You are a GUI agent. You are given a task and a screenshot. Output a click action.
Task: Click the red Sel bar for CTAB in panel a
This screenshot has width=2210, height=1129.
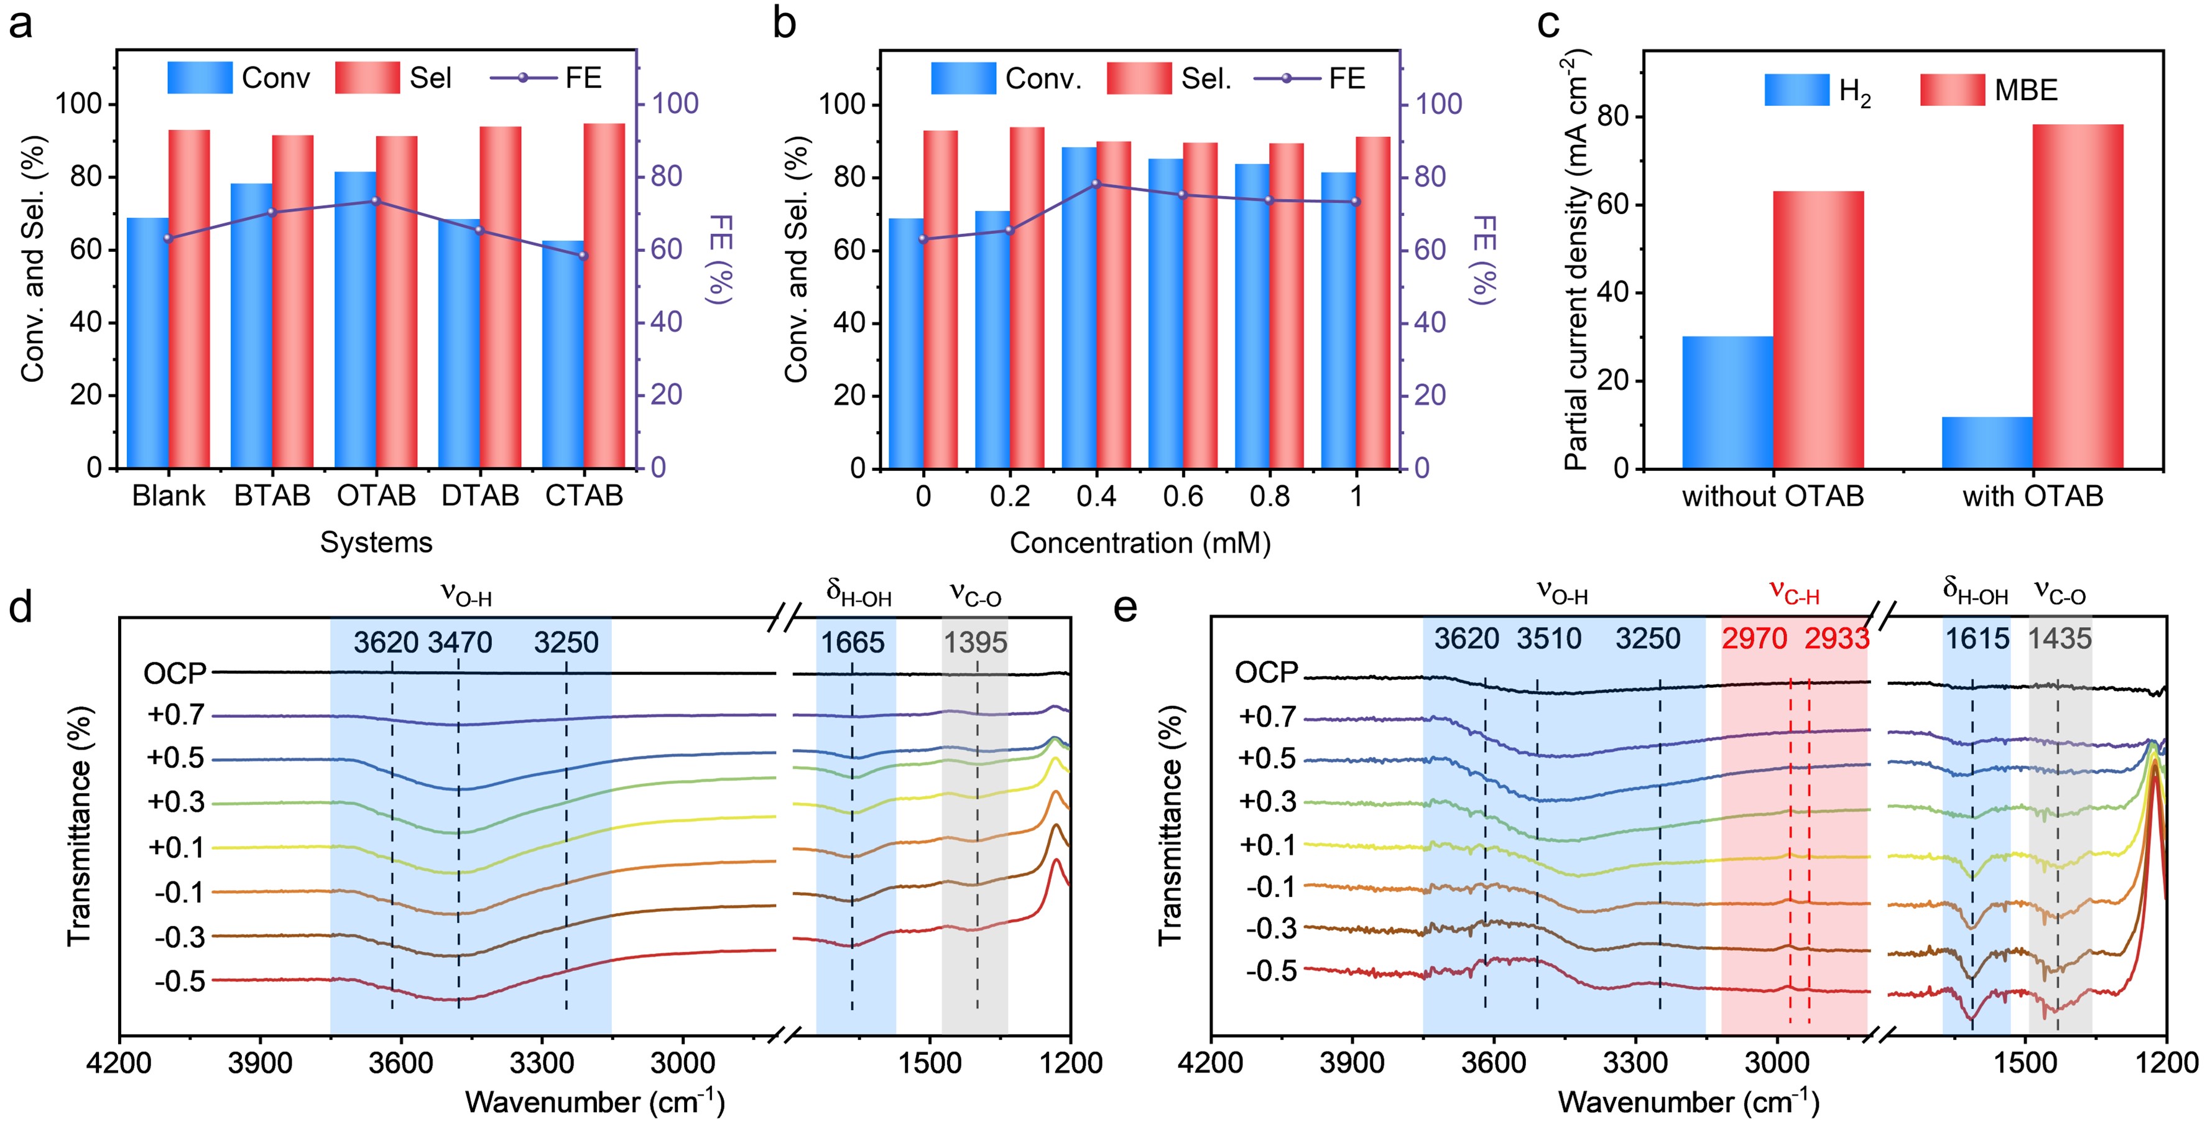pyautogui.click(x=604, y=296)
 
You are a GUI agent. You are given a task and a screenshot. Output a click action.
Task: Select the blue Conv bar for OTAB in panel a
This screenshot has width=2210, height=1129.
pyautogui.click(x=355, y=319)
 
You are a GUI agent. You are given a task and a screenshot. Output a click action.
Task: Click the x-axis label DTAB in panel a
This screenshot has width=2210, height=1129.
pyautogui.click(x=481, y=496)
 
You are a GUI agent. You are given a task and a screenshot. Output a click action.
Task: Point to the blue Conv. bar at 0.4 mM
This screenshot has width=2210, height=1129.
pyautogui.click(x=1080, y=307)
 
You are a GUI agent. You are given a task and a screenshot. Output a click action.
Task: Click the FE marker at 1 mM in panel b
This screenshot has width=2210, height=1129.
pyautogui.click(x=1356, y=202)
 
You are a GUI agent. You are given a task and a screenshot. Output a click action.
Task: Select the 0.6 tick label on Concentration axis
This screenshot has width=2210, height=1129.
pyautogui.click(x=1183, y=496)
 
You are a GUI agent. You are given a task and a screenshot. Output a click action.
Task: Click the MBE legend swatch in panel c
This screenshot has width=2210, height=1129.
pyautogui.click(x=1952, y=90)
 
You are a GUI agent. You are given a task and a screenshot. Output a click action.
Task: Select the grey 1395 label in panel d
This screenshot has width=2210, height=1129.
pyautogui.click(x=976, y=643)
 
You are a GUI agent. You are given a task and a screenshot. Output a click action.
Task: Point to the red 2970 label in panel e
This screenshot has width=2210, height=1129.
pyautogui.click(x=1754, y=639)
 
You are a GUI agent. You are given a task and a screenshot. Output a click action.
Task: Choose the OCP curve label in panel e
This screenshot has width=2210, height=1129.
pyautogui.click(x=1266, y=672)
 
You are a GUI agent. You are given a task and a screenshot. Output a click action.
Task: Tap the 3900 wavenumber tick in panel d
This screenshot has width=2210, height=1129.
pyautogui.click(x=260, y=1064)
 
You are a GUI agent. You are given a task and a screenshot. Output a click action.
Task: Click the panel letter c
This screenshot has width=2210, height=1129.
pyautogui.click(x=1548, y=24)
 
